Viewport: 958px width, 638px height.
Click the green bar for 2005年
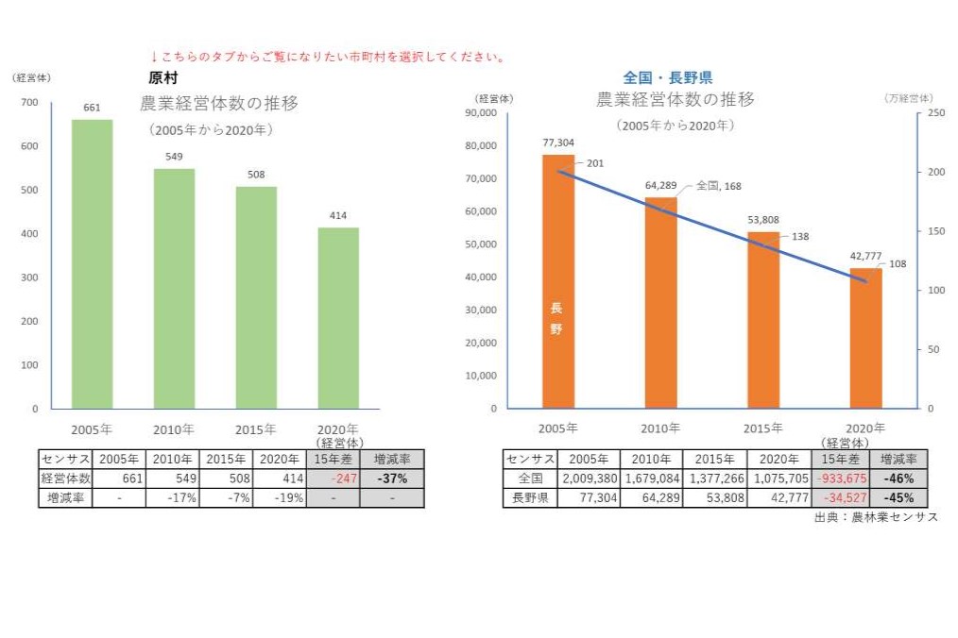tap(92, 264)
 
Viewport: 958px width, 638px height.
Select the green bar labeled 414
tap(338, 318)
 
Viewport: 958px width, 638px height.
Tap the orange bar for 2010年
tap(660, 303)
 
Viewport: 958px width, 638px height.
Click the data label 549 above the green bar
tap(174, 156)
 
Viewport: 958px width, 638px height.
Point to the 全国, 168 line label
tap(718, 186)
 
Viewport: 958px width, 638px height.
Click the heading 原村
tap(163, 78)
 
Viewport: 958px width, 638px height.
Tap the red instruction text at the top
tap(327, 57)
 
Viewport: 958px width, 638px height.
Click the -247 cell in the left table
tap(333, 478)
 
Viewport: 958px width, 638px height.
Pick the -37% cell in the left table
tap(391, 478)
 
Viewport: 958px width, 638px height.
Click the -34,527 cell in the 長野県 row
tap(839, 497)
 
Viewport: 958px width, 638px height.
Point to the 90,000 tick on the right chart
tap(482, 113)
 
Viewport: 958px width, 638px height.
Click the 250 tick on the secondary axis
tap(934, 113)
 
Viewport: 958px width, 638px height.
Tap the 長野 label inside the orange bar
tap(556, 318)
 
